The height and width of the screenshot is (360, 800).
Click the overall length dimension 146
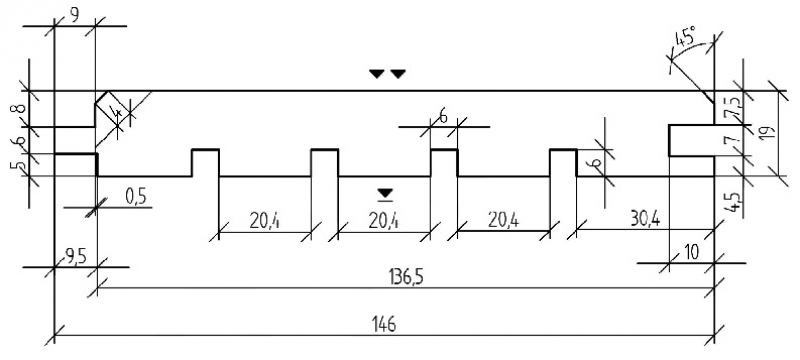385,324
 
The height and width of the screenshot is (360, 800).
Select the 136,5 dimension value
405,278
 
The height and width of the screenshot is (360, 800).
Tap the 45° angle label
687,38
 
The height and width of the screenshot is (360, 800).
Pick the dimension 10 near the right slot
691,253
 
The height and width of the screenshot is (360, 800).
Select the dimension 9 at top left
74,15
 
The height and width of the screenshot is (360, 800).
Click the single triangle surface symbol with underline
386,194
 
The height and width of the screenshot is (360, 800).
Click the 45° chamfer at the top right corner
707,97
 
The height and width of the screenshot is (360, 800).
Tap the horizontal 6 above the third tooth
443,117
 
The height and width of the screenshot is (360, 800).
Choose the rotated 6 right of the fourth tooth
598,164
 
